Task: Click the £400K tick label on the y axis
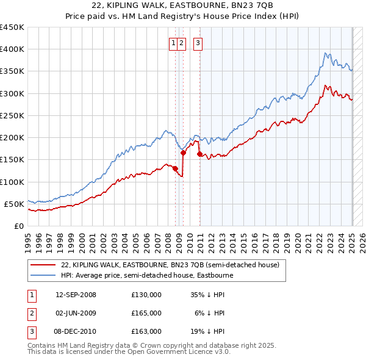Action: [x=12, y=49]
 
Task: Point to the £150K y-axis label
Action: [x=12, y=160]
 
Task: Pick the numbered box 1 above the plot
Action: [x=174, y=43]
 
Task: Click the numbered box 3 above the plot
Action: [x=199, y=43]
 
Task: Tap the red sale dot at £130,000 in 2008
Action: [x=176, y=168]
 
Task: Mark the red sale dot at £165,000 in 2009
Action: [x=183, y=153]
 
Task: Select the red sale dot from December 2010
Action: [x=199, y=154]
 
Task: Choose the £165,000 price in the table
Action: [x=146, y=313]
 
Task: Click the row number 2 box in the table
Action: [x=30, y=313]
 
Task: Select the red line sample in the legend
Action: [x=43, y=265]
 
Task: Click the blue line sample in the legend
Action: [x=43, y=275]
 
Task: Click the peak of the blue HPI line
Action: [x=326, y=52]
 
